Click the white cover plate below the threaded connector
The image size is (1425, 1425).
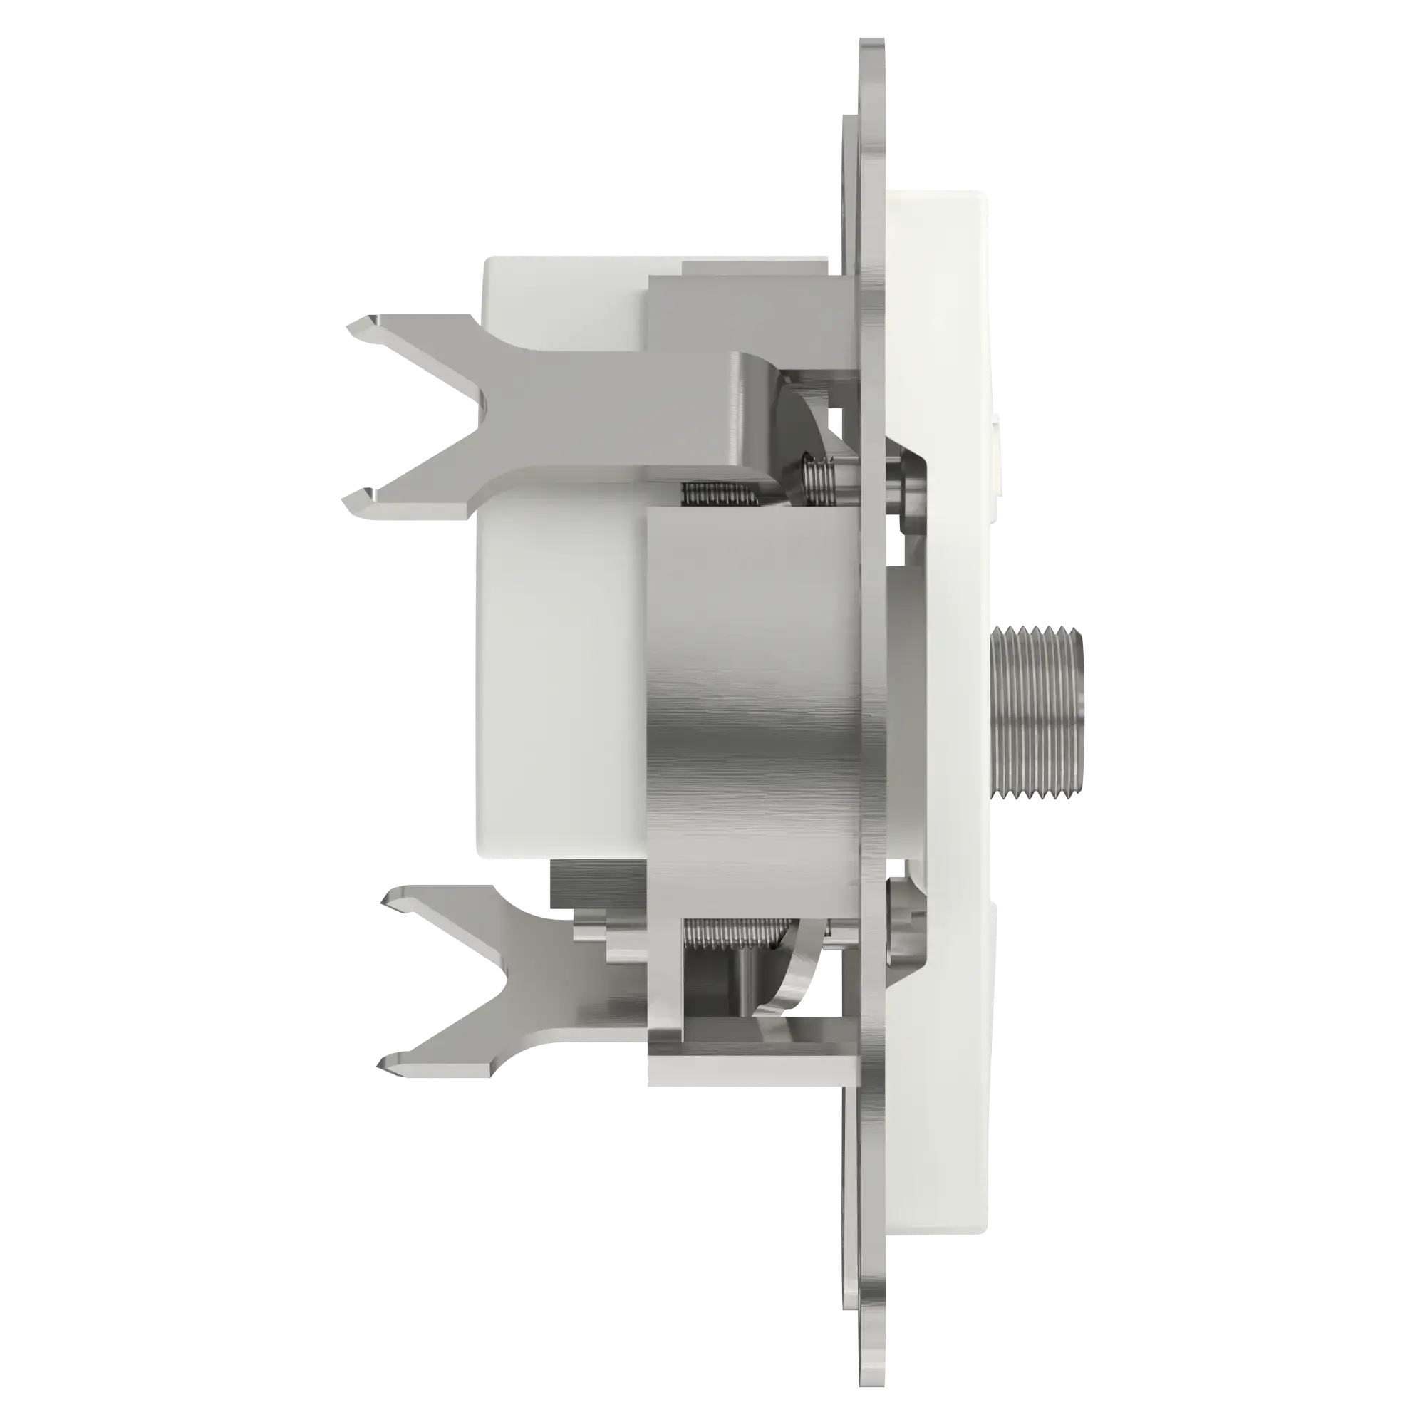(x=951, y=1107)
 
